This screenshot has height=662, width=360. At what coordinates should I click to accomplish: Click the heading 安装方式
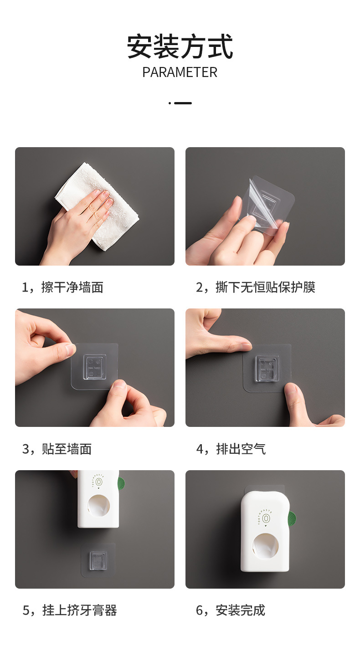coord(180,46)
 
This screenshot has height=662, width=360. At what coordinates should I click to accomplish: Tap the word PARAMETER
coord(180,72)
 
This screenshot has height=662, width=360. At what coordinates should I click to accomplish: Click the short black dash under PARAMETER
coord(183,103)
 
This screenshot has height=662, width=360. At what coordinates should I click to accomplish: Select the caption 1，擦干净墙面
coord(63,287)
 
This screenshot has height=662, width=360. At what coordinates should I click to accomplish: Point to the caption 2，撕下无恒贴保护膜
coord(256,287)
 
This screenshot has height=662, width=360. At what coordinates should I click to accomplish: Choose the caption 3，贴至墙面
coord(57,449)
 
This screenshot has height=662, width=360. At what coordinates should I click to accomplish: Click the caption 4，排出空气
coord(231,449)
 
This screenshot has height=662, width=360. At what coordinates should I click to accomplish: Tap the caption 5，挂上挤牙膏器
coord(69,611)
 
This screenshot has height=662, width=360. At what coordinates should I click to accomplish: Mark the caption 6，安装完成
coord(231,611)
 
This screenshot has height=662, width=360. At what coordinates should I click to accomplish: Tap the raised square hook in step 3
coord(95,367)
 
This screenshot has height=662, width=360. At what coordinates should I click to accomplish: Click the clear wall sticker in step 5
coord(98,559)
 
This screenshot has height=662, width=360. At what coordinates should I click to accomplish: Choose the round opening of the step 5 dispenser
coord(99,506)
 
